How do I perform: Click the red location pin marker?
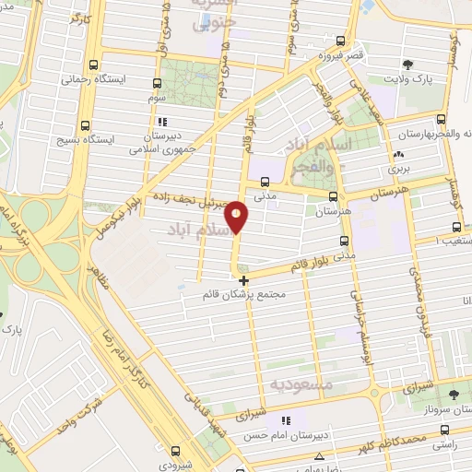coord(237,215)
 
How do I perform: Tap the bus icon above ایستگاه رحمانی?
coord(93,65)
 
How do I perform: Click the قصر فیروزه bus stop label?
coord(340,56)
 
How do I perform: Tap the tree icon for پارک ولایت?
coord(407,64)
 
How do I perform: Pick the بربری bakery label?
coord(397,169)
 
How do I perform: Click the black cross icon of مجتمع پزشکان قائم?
coord(243,280)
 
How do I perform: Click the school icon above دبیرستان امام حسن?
coord(287,420)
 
